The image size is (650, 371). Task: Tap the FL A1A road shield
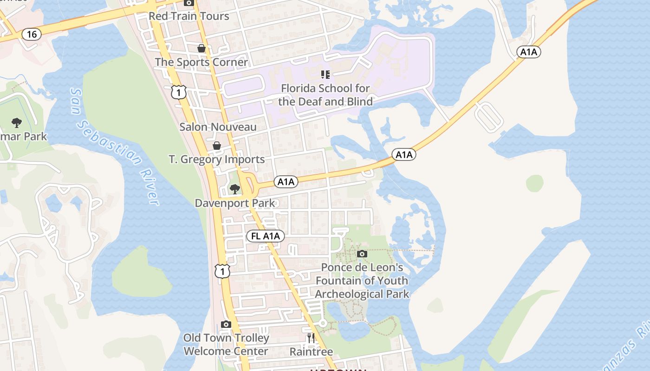265,236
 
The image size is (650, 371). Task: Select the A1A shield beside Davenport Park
286,182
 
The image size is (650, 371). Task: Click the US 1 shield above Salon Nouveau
178,92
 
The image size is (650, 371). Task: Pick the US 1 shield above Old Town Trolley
222,271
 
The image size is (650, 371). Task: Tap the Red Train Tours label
189,16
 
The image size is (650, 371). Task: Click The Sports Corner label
201,62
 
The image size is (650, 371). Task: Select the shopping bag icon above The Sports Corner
201,48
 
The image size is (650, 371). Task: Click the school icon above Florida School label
325,74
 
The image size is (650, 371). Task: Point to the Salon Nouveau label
218,127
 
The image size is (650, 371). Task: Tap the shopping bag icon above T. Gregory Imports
216,146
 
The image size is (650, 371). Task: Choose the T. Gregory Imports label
216,160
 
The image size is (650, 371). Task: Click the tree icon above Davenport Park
235,189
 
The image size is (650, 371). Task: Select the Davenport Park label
235,203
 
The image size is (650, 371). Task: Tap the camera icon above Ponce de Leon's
362,254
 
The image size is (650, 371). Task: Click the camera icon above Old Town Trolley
226,324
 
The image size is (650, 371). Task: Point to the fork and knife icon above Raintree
311,338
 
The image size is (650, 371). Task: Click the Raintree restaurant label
311,352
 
